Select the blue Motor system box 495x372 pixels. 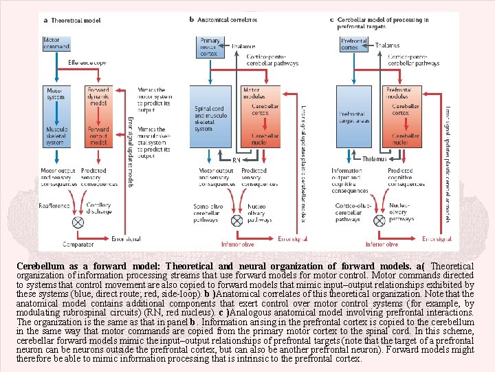[x=55, y=94]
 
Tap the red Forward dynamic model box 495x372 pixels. [x=98, y=96]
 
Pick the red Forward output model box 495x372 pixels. [x=98, y=134]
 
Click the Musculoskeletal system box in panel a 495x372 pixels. [x=55, y=134]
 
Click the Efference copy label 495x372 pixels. [x=87, y=63]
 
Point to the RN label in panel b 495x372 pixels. [x=236, y=159]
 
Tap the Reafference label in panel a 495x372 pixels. [x=55, y=205]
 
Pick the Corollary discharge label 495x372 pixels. [x=99, y=209]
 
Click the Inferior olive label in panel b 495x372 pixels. [x=237, y=244]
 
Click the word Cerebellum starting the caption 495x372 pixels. [x=40, y=265]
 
